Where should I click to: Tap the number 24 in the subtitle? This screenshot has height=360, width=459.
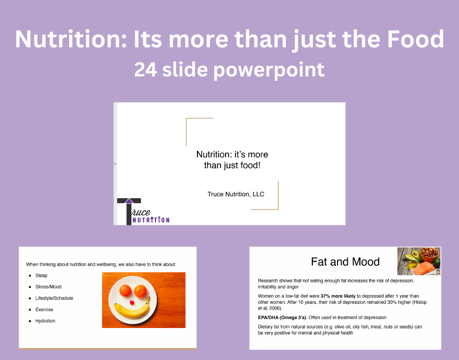pos(146,70)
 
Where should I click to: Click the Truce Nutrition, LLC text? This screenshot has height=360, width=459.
pos(236,194)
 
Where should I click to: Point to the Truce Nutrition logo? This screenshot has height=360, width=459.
pos(141,212)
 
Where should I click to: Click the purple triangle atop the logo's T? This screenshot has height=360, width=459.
pos(129,200)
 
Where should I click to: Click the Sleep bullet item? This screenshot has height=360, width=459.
pos(41,276)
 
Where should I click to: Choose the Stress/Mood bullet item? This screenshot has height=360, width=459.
pos(48,287)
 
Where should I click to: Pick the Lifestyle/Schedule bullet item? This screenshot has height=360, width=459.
pos(54,298)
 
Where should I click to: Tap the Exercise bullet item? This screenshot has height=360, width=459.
pos(44,310)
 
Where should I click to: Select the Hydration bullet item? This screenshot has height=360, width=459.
pos(45,321)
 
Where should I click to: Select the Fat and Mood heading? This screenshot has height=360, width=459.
pos(345,262)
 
